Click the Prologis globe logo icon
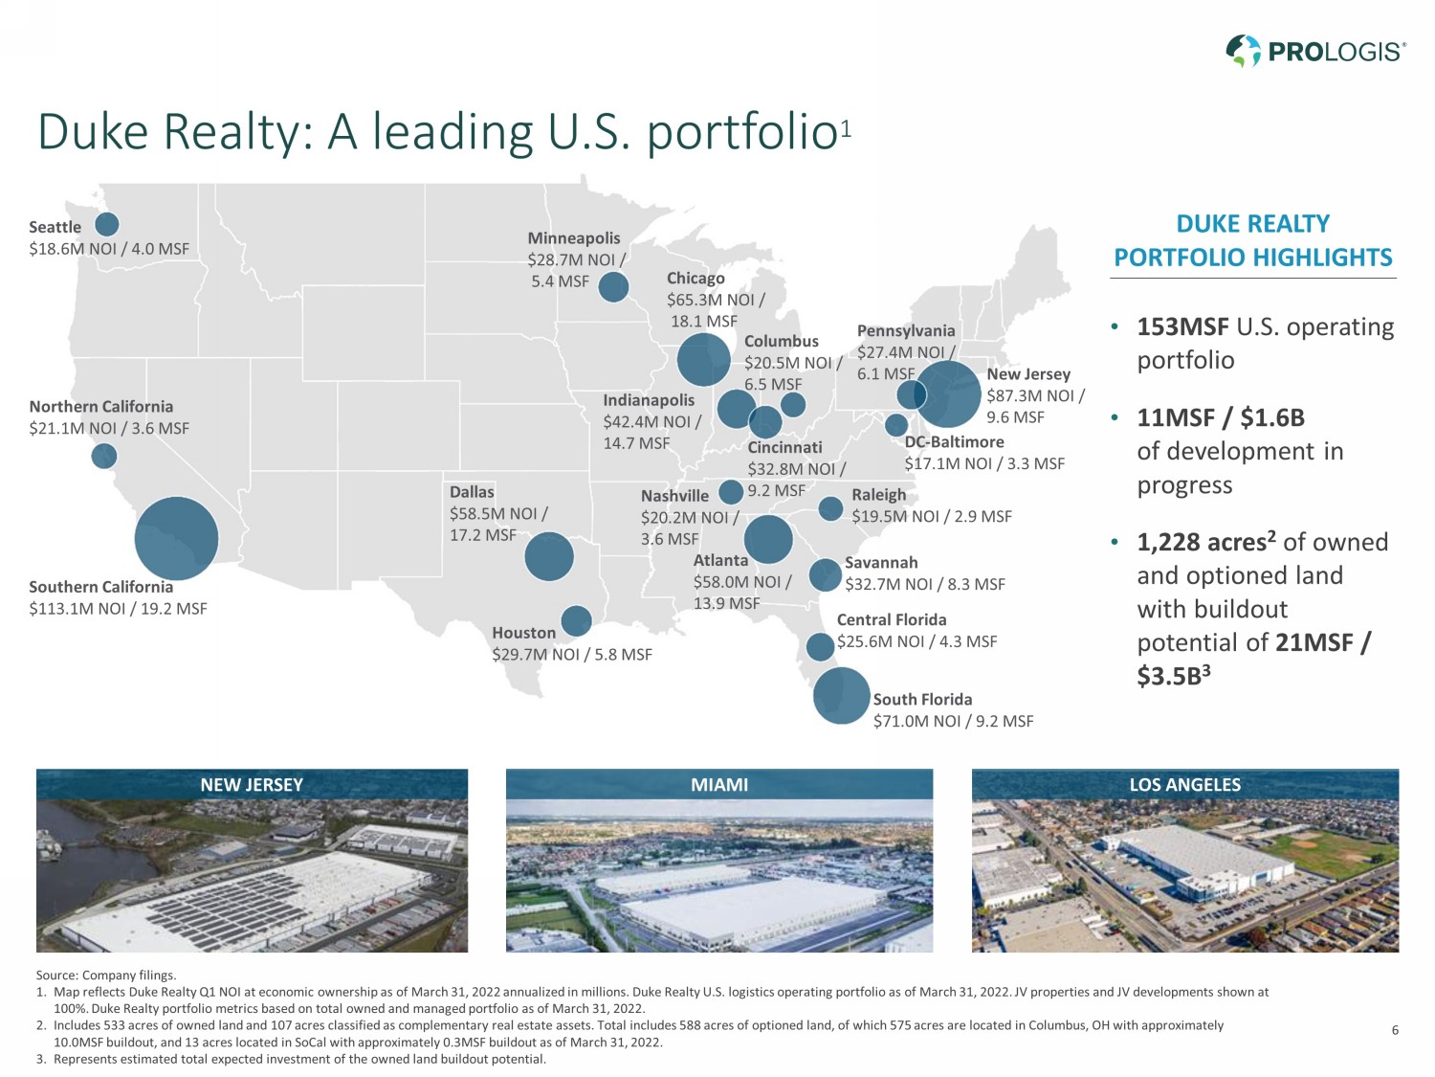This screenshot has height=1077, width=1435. (x=1244, y=51)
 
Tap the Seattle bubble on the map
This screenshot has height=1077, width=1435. (x=107, y=224)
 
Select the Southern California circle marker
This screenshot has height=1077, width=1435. (x=176, y=538)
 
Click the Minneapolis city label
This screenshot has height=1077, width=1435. (x=574, y=237)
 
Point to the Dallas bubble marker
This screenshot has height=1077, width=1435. (x=549, y=556)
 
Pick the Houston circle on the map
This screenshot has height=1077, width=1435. (x=576, y=621)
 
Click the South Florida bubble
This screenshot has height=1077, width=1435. (x=842, y=695)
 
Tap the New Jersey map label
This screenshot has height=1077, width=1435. (x=1028, y=374)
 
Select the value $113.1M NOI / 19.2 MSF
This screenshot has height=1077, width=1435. (x=118, y=609)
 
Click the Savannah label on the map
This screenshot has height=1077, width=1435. (x=881, y=563)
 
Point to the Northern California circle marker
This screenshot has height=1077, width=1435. (x=104, y=456)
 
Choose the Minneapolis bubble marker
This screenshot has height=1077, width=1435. (x=613, y=286)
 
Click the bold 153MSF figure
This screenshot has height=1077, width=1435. (x=1182, y=327)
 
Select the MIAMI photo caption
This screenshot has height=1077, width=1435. (x=719, y=785)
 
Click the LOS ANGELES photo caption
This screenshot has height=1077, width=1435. (x=1184, y=785)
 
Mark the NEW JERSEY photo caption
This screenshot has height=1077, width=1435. (x=252, y=785)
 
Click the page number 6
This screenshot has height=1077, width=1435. (x=1395, y=1030)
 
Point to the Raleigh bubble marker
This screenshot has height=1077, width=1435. (x=832, y=508)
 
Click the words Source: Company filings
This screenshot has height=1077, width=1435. (x=106, y=976)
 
